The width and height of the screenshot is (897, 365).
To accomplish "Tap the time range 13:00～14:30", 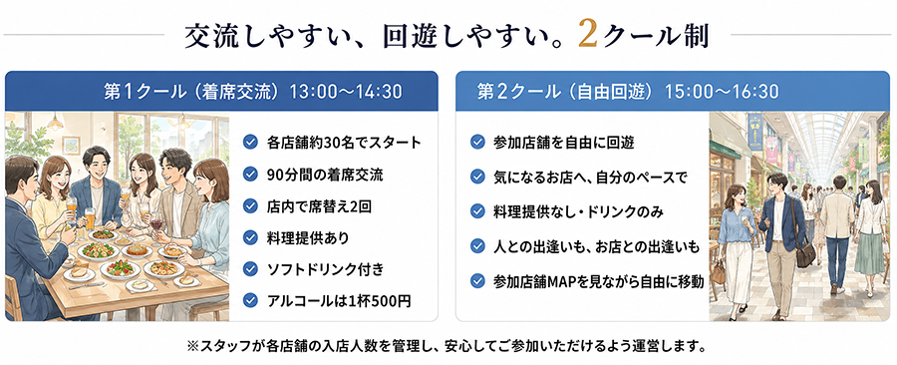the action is coord(346,92).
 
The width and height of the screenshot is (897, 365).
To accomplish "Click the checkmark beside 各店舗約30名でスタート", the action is coord(250,142).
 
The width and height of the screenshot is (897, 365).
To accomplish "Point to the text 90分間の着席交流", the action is coord(325,175).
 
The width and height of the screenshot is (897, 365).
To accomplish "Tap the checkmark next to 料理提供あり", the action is coord(250,237).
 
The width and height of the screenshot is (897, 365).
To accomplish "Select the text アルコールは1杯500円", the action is coord(339,300).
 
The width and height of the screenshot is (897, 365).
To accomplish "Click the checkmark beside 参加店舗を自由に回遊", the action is coord(477,142).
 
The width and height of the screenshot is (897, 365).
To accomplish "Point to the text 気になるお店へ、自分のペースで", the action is coord(590,178).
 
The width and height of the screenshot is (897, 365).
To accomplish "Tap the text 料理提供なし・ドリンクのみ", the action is coord(578,212).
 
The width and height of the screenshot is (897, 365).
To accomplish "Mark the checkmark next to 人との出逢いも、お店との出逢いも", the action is coord(477,246).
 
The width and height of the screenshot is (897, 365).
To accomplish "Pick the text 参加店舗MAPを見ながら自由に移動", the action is coord(598,281).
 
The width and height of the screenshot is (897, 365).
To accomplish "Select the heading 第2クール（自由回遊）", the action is coord(568,92).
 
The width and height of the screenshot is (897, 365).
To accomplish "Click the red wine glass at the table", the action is coord(156,224).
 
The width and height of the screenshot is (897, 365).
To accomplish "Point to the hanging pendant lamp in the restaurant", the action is coord(56,122).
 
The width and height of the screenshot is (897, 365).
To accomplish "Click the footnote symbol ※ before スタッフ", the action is coord(192,346).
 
